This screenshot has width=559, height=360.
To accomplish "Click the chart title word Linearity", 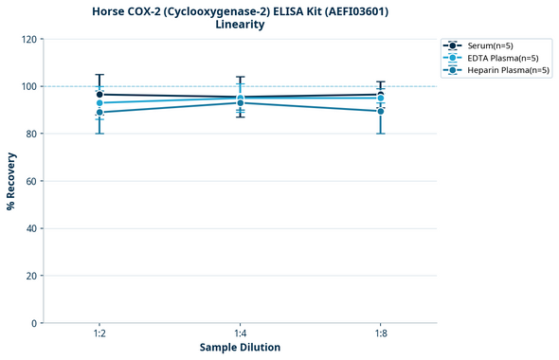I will (240, 25).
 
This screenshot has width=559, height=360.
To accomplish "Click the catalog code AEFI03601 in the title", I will (352, 11).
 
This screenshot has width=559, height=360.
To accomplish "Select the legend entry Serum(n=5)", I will (490, 45).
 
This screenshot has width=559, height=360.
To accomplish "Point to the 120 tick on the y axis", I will (29, 39).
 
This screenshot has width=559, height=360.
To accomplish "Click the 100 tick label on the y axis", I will (29, 86).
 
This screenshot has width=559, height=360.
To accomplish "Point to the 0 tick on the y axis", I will (35, 323).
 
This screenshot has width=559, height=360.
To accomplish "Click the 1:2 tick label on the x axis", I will (99, 333).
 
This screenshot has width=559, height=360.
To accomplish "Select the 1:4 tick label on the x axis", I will (240, 333).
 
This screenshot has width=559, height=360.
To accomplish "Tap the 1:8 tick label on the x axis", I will (380, 333).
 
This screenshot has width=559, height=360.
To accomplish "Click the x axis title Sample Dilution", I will (240, 348).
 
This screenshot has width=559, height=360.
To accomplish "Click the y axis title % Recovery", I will (11, 181).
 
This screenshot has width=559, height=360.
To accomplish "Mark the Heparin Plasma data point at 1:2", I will (99, 113).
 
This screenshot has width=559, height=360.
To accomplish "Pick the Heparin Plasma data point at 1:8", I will (380, 111).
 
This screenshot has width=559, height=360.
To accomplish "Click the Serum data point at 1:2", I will (99, 95).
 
